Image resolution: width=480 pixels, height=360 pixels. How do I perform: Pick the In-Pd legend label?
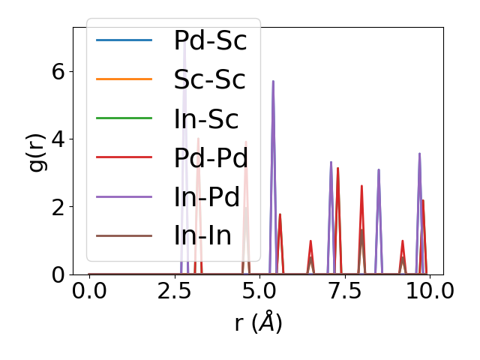pos(206,196)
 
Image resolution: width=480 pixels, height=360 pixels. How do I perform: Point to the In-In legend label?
pos(202,235)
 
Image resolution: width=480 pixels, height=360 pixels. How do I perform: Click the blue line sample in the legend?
pos(124,40)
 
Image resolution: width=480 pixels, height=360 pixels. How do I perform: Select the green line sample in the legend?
pos(124,118)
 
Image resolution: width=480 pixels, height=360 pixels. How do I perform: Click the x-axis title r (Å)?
pos(258,323)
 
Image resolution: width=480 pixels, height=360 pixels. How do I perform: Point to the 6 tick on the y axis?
pos(57,71)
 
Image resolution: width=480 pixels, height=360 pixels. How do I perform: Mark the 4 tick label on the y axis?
pos(57,139)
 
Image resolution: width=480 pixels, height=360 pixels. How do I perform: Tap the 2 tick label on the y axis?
pos(57,207)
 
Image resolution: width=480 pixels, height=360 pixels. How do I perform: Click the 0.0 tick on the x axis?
pos(89,290)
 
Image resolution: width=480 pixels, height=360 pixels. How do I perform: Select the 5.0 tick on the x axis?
pos(259,290)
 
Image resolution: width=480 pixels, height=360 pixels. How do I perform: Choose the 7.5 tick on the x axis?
pos(344,290)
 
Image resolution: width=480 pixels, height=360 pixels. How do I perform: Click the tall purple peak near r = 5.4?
pos(273,82)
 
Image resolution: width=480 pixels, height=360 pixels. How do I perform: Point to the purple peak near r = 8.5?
pos(379,171)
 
